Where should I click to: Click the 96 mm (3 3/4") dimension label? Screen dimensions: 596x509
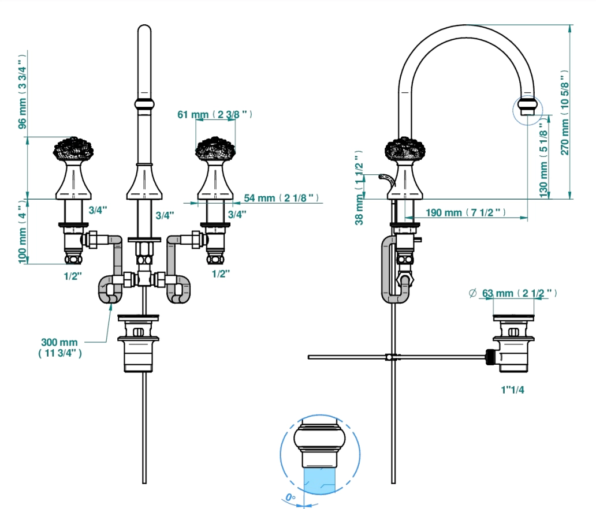click(x=23, y=92)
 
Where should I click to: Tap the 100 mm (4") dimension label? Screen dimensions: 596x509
click(x=23, y=231)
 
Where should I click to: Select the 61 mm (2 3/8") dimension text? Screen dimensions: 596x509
click(x=215, y=114)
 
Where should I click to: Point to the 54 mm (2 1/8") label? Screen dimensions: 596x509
click(x=281, y=198)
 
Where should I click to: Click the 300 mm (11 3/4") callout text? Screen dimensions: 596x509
click(x=59, y=347)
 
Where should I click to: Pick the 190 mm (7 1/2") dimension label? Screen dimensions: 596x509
click(x=465, y=212)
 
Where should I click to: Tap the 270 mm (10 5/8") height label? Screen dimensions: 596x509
click(x=565, y=113)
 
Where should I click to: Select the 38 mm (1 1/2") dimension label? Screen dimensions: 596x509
click(x=359, y=187)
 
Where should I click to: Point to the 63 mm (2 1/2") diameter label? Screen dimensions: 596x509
click(x=513, y=293)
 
